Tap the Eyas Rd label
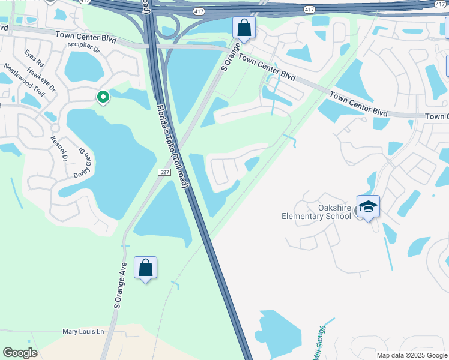pos(35,59)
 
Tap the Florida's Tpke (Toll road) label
pos(173,146)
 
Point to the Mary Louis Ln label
pos(83,331)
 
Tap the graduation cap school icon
pos(368,207)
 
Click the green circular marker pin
pos(103,96)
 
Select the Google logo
pos(20,352)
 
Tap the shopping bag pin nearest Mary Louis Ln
pos(146,268)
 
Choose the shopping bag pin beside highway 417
pos(244,28)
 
